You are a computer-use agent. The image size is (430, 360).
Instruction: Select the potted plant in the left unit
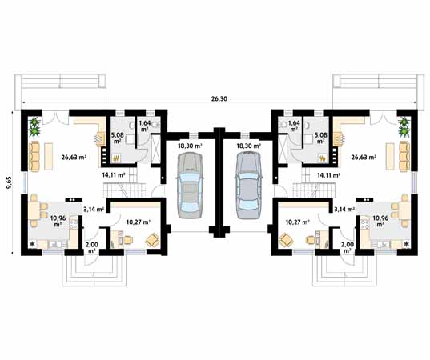tap(34, 125)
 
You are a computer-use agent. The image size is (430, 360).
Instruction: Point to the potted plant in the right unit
tap(404, 125)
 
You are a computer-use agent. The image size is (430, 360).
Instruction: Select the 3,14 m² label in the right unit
tap(344, 209)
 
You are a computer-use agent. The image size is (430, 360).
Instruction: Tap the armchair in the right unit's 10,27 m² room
tap(286, 238)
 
